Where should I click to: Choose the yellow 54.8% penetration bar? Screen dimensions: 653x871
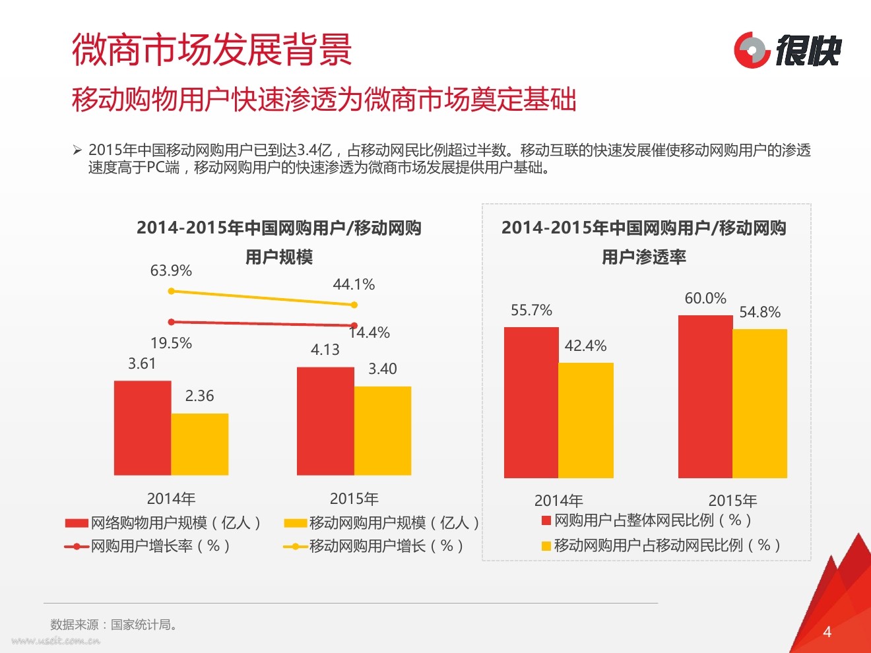(x=760, y=403)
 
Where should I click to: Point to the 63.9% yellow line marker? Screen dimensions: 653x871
(x=172, y=291)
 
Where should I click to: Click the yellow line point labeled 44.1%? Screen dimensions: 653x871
(x=354, y=305)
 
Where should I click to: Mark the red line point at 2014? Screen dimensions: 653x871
(x=172, y=322)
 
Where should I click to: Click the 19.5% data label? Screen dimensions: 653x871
(x=171, y=343)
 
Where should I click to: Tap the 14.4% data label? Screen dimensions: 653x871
(x=370, y=333)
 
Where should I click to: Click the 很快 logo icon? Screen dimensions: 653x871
(x=752, y=49)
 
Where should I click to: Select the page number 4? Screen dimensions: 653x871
(x=827, y=632)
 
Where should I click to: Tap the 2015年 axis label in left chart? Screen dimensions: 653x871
(x=354, y=499)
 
